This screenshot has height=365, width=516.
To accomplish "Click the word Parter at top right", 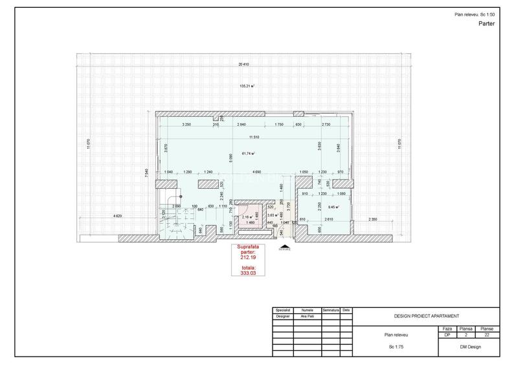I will point(487,23).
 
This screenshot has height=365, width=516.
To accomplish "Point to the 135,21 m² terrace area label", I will point(247,86).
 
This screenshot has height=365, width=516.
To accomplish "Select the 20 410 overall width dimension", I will point(244,64).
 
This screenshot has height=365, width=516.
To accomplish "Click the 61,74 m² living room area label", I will point(248,154).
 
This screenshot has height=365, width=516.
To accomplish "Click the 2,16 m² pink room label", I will point(246,218).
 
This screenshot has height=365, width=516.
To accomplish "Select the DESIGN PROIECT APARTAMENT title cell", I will point(426,316).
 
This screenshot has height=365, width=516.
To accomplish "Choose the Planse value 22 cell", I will point(487,335).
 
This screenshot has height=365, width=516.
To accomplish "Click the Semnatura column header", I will point(331,310).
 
